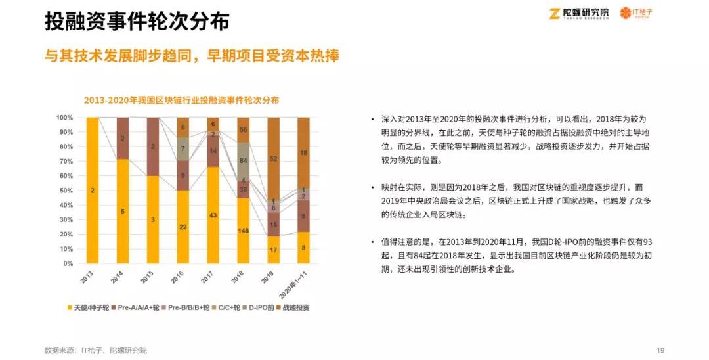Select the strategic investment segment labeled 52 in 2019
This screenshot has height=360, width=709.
pyautogui.click(x=273, y=158)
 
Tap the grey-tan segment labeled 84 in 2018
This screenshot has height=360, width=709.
pyautogui.click(x=243, y=160)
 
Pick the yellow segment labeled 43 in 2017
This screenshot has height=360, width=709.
pyautogui.click(x=213, y=215)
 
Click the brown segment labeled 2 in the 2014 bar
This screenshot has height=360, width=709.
pyautogui.click(x=123, y=138)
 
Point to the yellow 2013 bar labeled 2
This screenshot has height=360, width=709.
pyautogui.click(x=93, y=191)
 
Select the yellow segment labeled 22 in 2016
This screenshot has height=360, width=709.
pyautogui.click(x=183, y=227)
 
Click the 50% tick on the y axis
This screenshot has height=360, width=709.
pyautogui.click(x=65, y=191)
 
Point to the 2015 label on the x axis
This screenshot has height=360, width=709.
pyautogui.click(x=151, y=277)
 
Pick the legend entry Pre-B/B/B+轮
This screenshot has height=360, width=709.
pyautogui.click(x=185, y=307)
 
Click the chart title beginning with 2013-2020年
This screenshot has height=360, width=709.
pyautogui.click(x=181, y=101)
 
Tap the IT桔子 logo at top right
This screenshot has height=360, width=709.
pyautogui.click(x=637, y=13)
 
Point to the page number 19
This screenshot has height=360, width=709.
pyautogui.click(x=661, y=350)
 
